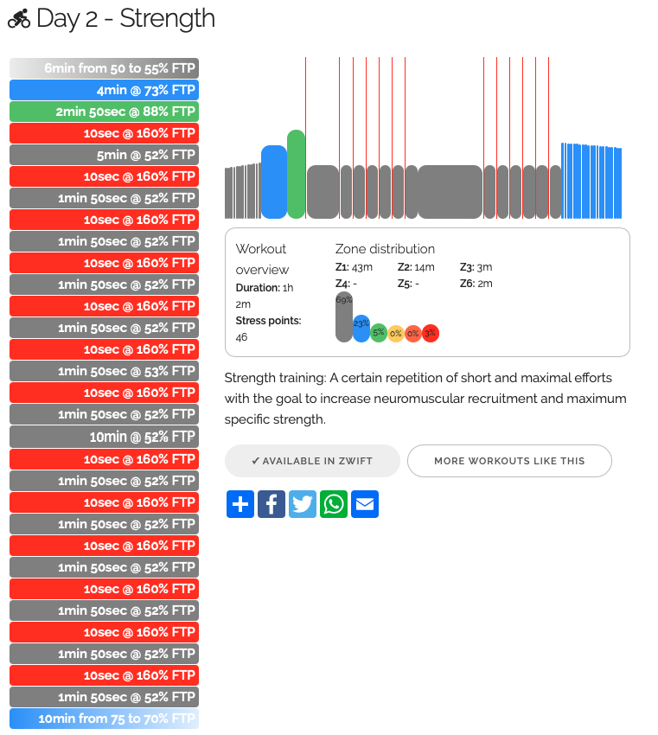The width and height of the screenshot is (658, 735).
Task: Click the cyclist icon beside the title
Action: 18,19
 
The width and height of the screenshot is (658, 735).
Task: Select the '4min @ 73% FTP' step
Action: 104,90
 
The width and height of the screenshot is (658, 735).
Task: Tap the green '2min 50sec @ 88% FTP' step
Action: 104,112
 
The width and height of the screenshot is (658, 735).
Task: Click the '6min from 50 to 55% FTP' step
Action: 104,68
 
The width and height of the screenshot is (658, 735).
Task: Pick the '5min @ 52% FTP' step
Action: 104,155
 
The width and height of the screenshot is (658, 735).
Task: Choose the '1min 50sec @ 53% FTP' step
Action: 104,371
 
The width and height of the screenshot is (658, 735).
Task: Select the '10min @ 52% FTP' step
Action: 104,437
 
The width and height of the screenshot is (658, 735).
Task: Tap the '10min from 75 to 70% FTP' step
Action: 104,719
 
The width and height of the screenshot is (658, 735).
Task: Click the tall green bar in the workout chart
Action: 297,174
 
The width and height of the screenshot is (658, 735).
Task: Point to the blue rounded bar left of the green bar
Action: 273,182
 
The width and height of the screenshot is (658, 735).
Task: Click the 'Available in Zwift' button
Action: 312,461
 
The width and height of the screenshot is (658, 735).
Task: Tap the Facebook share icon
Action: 272,504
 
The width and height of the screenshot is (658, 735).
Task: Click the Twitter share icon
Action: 303,504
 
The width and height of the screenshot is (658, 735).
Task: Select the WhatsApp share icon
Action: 334,504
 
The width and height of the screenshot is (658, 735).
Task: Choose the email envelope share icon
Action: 365,504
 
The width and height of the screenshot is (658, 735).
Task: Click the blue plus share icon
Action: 240,504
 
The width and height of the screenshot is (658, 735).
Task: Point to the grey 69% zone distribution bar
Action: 343,317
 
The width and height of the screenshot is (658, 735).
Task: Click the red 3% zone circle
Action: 431,333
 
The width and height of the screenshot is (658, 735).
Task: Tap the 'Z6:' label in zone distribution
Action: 467,283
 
